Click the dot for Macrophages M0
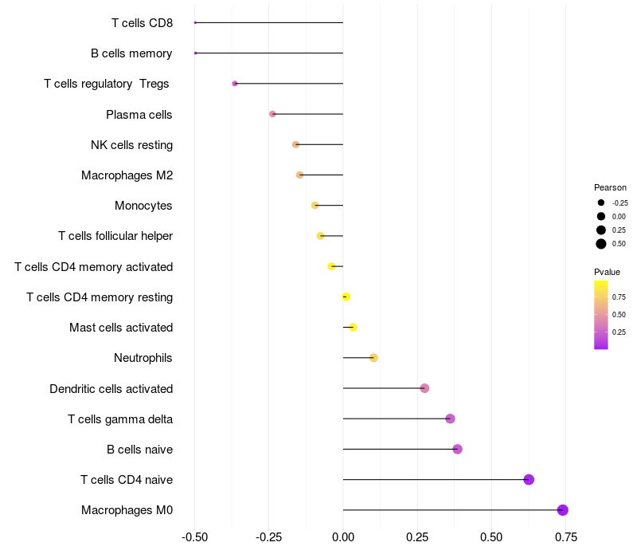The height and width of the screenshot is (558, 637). pos(562,510)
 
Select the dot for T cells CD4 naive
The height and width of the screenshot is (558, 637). pos(529,480)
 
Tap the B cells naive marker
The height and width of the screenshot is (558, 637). pos(457,450)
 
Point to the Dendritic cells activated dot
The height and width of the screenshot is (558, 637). pos(424,388)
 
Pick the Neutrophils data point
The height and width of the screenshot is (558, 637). pos(373,358)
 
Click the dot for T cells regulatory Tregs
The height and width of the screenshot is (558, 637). pos(234,84)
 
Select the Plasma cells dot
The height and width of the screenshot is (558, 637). pos(272,114)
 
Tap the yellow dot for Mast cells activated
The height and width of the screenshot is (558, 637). pos(353,328)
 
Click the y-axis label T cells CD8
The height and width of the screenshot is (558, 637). pos(142,23)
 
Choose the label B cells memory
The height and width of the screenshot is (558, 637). pos(131,53)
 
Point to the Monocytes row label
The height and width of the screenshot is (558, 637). pos(143,206)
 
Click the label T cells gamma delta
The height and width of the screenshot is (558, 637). pos(120,419)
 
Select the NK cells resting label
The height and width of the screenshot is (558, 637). pos(131,145)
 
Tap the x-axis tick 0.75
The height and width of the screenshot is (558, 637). pos(566,536)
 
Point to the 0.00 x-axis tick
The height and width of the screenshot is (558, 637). pos(343,536)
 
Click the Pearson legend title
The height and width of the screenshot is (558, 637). pos(610,187)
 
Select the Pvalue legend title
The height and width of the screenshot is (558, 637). pos(607,272)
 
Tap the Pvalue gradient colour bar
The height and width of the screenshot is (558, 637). pos(601,314)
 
